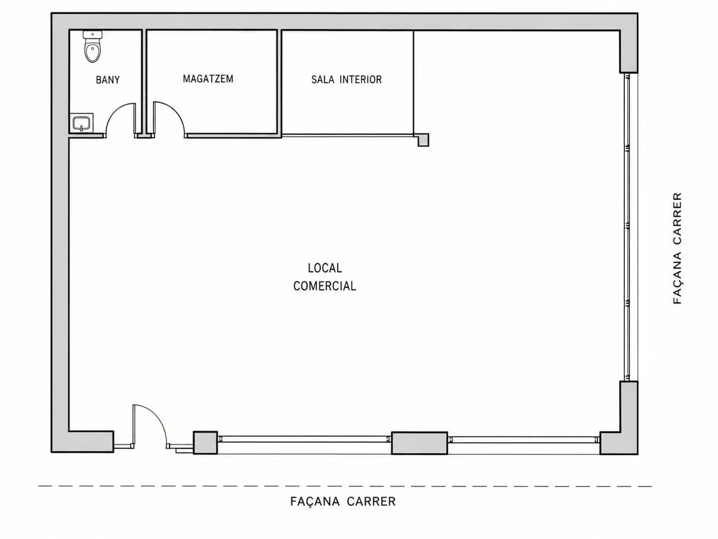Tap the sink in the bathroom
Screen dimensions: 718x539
point(81,123)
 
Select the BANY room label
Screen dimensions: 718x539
point(108,80)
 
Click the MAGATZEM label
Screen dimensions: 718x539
point(208,79)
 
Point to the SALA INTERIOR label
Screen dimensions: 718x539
point(347,79)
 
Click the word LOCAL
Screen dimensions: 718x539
point(325,269)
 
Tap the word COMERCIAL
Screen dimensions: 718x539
point(325,286)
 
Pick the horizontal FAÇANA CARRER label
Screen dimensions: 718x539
point(343,502)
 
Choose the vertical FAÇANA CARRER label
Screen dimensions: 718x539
point(677,248)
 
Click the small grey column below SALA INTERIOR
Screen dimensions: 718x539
point(423,140)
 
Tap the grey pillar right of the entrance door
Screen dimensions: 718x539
point(205,443)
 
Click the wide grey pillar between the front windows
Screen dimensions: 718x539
point(420,443)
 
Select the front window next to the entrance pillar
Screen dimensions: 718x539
point(305,440)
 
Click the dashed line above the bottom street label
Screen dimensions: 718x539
point(345,486)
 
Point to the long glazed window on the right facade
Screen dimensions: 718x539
point(627,227)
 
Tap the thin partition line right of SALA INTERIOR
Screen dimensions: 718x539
point(414,82)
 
